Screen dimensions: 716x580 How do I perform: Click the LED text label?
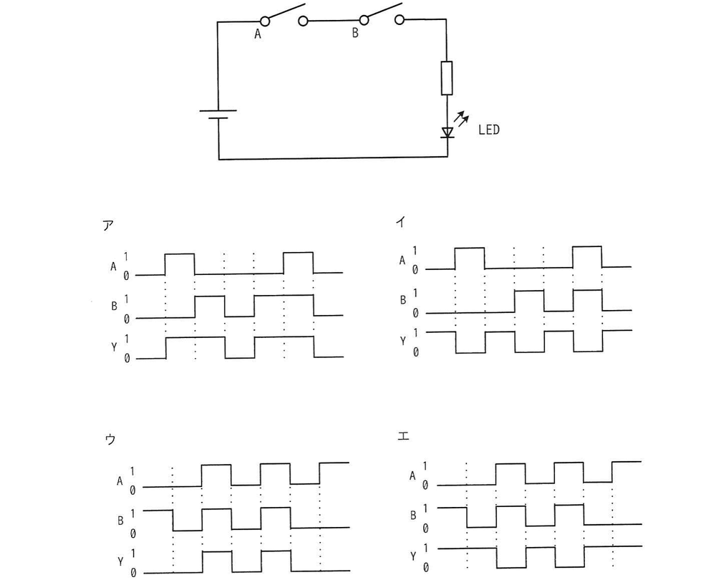(488, 130)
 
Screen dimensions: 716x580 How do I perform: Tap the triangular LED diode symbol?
(447, 132)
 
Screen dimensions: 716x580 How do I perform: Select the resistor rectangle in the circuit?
(447, 78)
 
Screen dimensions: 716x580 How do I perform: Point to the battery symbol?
(218, 114)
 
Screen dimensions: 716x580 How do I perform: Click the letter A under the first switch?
(258, 34)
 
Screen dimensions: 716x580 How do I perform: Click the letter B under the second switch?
(355, 34)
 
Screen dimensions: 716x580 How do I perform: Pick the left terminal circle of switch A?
(264, 21)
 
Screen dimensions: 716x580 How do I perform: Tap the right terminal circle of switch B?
(400, 19)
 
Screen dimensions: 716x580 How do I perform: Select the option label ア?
(108, 225)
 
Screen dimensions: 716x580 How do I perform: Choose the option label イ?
(400, 223)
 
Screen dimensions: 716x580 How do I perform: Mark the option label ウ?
(110, 440)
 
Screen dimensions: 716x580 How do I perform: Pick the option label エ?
(402, 436)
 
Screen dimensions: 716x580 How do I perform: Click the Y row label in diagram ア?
(114, 347)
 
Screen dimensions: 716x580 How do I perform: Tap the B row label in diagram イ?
(402, 300)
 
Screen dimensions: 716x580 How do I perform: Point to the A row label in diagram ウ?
(120, 481)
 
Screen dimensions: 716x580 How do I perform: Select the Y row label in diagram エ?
(413, 556)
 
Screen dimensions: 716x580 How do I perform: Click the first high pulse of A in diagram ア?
(180, 254)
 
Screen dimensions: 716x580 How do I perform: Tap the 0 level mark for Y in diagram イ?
(415, 352)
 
